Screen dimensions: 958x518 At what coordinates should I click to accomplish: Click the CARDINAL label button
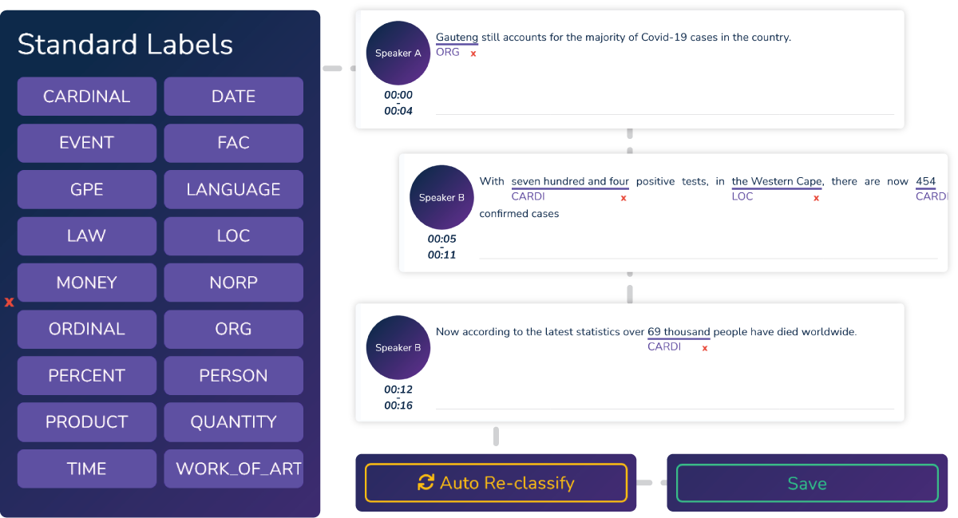[87, 97]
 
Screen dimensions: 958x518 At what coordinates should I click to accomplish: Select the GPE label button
[87, 189]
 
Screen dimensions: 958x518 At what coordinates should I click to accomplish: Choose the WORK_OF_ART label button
[233, 469]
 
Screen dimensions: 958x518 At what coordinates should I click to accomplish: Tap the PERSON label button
[233, 376]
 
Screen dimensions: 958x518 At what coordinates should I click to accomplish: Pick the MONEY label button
[87, 283]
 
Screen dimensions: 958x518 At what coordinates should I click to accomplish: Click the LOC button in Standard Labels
[233, 236]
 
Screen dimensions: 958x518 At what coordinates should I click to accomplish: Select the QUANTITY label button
[233, 422]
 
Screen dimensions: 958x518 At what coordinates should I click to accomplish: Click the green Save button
[807, 483]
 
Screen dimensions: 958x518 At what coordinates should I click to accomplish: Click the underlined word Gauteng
[457, 38]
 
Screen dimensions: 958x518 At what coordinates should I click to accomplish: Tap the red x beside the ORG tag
[473, 53]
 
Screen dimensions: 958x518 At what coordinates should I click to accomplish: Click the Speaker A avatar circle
[398, 53]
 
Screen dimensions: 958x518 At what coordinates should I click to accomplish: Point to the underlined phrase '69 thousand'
[679, 332]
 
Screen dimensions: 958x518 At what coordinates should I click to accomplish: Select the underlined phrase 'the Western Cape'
[777, 181]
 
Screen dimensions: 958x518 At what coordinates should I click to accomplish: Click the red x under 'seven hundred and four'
[623, 198]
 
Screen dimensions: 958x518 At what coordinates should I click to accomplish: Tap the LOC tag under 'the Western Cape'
[742, 196]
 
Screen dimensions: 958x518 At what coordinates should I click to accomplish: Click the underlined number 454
[925, 181]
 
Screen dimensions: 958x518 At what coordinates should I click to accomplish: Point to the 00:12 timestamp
[398, 389]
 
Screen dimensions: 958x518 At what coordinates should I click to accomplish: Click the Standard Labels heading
[125, 45]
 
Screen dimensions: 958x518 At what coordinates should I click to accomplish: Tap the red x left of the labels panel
[9, 302]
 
